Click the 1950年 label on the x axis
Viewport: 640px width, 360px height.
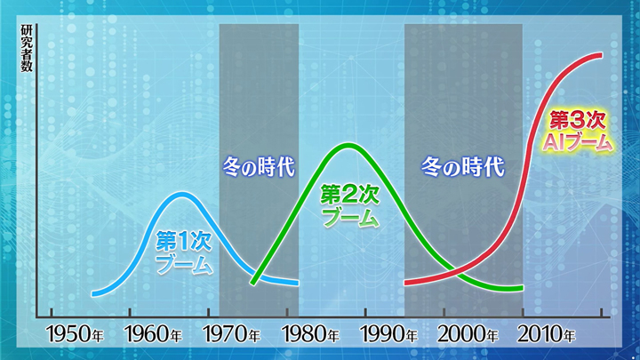click(x=75, y=335)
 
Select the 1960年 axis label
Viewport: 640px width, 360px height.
click(x=154, y=335)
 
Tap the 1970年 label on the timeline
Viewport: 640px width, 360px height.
click(x=232, y=335)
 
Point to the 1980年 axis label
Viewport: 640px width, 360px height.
click(x=310, y=335)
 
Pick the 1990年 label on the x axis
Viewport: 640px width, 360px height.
click(x=389, y=335)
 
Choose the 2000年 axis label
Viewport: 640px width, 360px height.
click(x=468, y=335)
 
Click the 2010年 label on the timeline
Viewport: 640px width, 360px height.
click(x=546, y=335)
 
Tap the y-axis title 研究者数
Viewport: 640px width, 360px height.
click(x=27, y=48)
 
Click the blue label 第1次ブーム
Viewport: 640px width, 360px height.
click(x=184, y=252)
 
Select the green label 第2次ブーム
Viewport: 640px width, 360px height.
click(x=350, y=205)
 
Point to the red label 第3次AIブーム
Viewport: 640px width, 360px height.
click(x=578, y=131)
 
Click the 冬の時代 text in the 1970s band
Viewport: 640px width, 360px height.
click(x=259, y=166)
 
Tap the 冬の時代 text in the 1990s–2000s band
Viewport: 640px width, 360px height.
click(x=463, y=166)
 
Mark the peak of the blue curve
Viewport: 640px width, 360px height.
click(x=182, y=195)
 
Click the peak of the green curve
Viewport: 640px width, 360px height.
click(x=349, y=146)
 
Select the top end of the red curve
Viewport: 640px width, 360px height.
click(x=601, y=55)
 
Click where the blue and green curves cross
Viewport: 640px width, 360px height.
click(x=258, y=274)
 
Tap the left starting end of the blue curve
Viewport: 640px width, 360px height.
click(x=94, y=293)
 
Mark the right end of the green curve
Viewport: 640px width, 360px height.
click(x=521, y=289)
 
